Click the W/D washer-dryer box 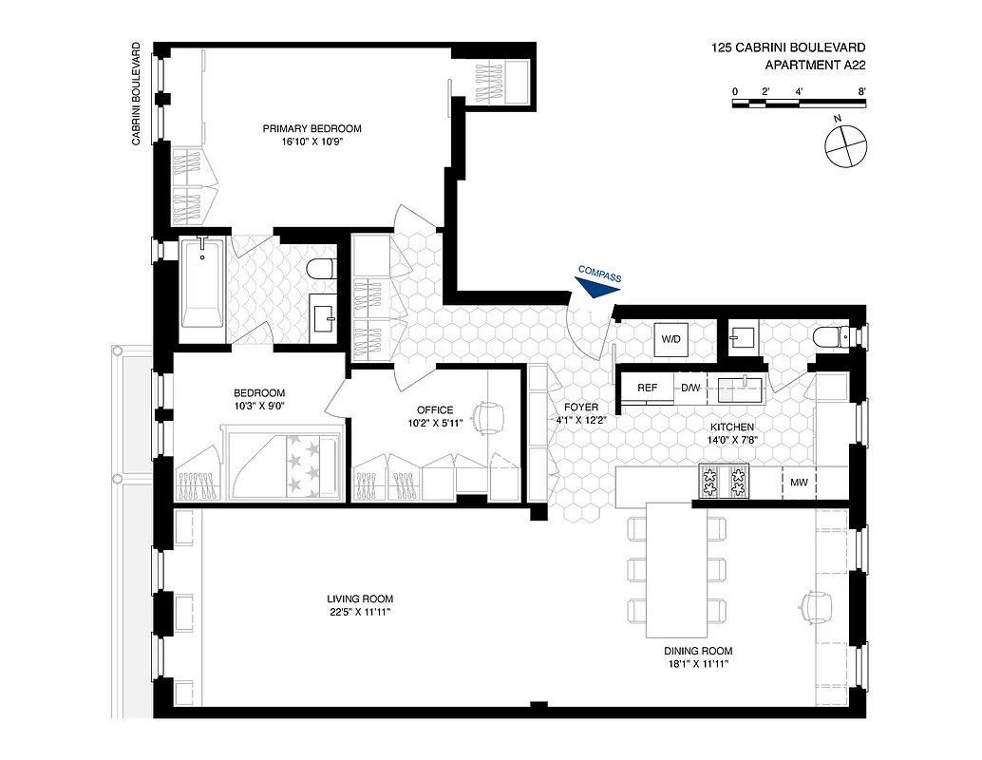coord(670,339)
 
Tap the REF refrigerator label coord(647,388)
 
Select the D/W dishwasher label coord(689,388)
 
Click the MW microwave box coord(799,483)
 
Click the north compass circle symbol coord(844,147)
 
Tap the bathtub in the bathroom coord(200,284)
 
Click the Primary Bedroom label coord(312,128)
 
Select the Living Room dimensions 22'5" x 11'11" coord(359,612)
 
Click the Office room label coord(435,410)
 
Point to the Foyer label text coord(582,407)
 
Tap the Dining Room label coord(698,652)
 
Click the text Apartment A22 coord(815,66)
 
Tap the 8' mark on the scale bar coord(861,91)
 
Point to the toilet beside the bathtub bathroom coord(321,269)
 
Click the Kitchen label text coord(730,427)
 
